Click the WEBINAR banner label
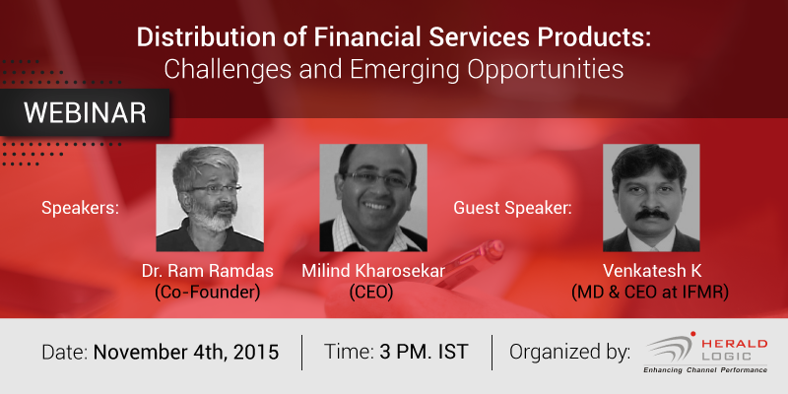(85, 113)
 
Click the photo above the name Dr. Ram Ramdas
(210, 198)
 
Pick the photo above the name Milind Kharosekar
(373, 198)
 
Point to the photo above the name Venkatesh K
(651, 198)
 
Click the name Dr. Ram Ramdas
(208, 272)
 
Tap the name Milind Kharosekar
(373, 272)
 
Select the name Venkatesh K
(652, 272)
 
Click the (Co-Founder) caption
(208, 293)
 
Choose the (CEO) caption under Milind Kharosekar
(371, 293)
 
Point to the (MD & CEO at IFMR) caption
(650, 293)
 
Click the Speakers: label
(81, 208)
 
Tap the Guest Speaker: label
(512, 208)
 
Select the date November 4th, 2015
(186, 353)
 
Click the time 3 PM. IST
(424, 352)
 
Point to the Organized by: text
(570, 353)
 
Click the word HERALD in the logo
(734, 344)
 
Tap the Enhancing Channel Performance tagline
(705, 370)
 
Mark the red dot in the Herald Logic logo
(693, 334)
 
